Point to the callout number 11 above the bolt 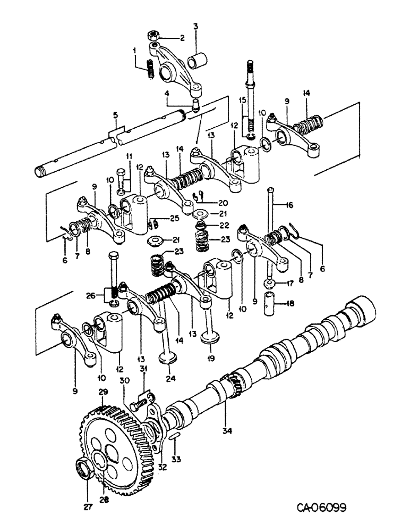tap(127, 156)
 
